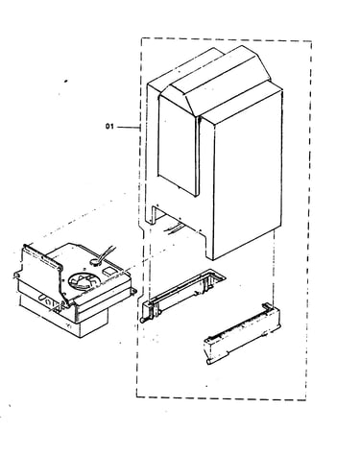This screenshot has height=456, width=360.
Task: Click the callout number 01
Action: click(x=109, y=127)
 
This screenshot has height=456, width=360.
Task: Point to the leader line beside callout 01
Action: click(x=128, y=127)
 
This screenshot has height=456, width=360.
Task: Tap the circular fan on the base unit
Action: click(x=80, y=281)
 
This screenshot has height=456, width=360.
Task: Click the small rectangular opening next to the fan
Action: click(x=108, y=271)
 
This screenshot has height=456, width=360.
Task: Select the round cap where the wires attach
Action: click(x=94, y=262)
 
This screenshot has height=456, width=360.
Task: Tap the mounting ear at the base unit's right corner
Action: click(x=132, y=291)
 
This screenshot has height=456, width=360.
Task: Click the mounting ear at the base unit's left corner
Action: click(x=17, y=275)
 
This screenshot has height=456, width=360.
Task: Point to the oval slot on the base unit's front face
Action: click(x=42, y=298)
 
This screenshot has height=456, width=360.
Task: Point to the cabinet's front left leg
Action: click(x=150, y=214)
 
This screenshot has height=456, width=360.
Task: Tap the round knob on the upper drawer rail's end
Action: click(x=143, y=320)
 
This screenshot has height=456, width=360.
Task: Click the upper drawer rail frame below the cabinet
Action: click(x=182, y=295)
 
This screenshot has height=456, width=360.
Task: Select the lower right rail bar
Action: click(x=242, y=335)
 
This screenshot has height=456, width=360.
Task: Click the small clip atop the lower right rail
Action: click(x=266, y=306)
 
